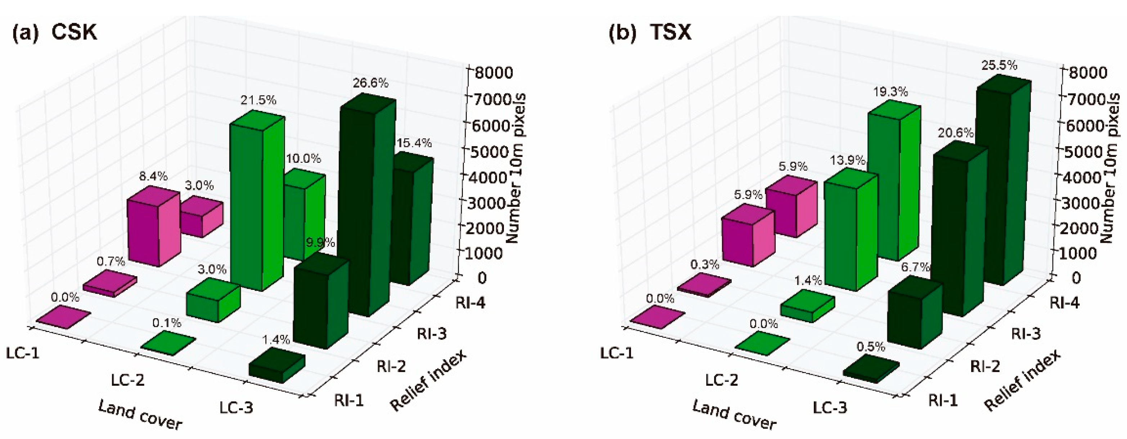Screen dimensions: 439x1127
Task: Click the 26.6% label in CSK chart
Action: [370, 83]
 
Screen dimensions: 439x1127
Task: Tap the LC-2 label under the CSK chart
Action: [127, 380]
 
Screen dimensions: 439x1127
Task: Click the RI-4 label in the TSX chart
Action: [1064, 303]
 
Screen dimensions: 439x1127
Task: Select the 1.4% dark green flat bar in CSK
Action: [276, 367]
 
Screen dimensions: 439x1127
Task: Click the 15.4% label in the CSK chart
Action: [414, 143]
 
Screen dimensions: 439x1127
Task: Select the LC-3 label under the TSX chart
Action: [830, 408]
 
